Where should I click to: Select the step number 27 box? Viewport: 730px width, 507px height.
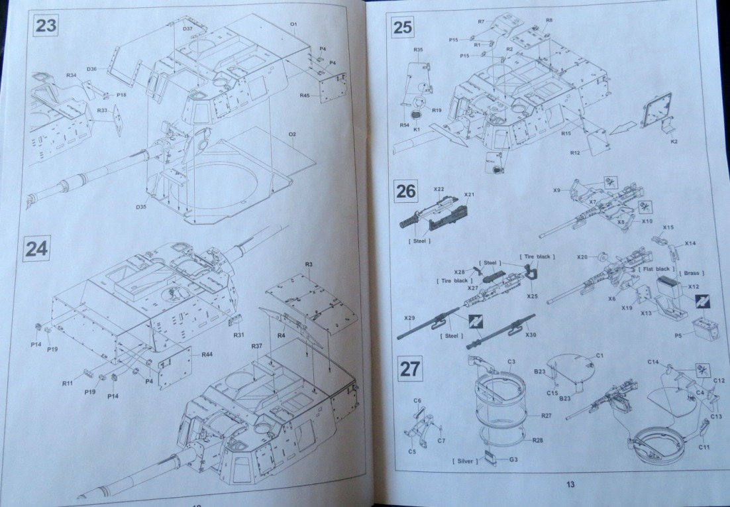click(409, 368)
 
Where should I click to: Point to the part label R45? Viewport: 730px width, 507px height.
click(304, 95)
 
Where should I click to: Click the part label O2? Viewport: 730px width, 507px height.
click(291, 135)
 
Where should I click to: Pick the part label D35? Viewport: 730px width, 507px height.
click(141, 207)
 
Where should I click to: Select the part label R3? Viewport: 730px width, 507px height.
click(309, 264)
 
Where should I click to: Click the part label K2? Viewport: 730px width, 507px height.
click(673, 141)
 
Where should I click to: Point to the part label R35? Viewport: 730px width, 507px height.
click(418, 50)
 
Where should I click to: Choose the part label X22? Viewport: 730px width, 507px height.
click(439, 190)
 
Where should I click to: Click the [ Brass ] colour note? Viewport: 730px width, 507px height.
click(692, 273)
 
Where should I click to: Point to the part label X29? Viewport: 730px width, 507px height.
click(410, 318)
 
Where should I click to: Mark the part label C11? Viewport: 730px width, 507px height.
click(704, 447)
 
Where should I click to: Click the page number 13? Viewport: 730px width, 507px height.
click(570, 484)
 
